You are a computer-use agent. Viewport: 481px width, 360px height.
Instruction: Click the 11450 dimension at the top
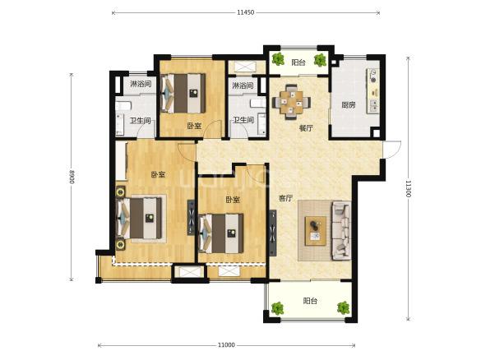click(x=245, y=12)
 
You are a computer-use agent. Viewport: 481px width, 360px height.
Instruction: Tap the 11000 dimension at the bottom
click(x=226, y=345)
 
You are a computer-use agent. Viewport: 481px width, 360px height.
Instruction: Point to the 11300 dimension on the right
click(x=408, y=188)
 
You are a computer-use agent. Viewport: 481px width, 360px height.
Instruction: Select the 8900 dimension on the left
click(x=72, y=177)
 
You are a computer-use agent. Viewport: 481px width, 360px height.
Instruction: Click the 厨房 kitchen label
click(x=349, y=105)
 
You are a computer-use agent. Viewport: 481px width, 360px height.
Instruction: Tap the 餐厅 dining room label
click(x=306, y=128)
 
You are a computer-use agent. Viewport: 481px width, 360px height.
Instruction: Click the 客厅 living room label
click(x=285, y=198)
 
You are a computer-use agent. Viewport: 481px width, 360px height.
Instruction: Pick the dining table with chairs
click(x=291, y=102)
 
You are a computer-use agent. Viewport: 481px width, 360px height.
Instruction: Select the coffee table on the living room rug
click(x=316, y=231)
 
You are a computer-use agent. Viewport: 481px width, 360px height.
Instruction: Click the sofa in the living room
click(x=340, y=230)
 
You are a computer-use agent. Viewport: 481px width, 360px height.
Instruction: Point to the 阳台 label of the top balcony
click(x=298, y=62)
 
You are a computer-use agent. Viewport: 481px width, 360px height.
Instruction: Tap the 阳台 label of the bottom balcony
click(x=310, y=301)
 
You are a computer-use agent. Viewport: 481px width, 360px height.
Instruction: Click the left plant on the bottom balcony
click(x=278, y=308)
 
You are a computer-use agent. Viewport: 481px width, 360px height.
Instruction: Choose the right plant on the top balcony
click(x=320, y=59)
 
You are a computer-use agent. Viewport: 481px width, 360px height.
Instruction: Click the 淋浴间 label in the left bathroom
click(x=141, y=83)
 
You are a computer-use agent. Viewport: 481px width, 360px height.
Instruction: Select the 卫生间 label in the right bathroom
click(x=243, y=120)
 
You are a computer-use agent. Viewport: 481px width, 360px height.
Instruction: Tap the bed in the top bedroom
click(x=183, y=93)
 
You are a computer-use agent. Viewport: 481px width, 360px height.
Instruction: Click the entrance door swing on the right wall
click(x=391, y=150)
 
